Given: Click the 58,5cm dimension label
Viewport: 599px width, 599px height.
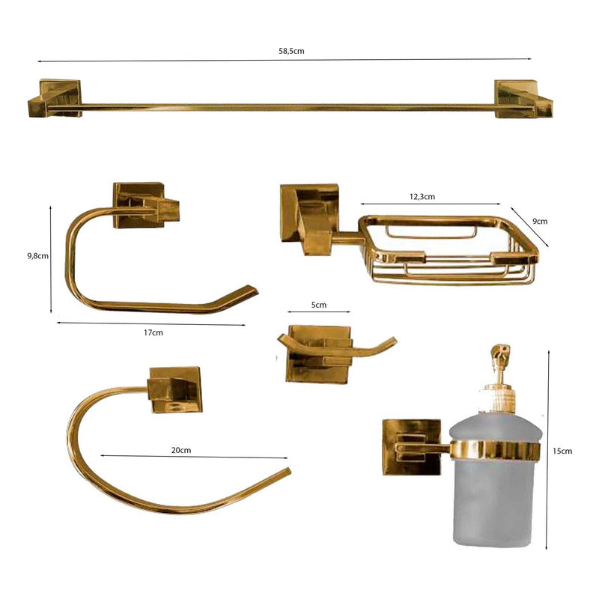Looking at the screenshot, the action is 291,51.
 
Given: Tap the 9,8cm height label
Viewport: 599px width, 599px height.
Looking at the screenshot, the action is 38,256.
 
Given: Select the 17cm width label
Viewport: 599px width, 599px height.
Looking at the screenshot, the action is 153,332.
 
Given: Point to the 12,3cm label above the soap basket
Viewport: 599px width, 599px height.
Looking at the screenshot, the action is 422,197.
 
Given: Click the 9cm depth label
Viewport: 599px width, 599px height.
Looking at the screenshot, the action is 540,221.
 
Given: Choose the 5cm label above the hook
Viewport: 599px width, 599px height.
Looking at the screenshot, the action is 319,305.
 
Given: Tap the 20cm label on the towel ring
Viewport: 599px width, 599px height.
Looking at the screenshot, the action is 181,450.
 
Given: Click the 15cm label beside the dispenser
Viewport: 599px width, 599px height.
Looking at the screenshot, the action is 562,451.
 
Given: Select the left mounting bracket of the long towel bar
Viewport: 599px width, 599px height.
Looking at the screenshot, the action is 55,98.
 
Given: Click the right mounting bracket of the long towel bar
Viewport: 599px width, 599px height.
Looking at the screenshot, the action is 523,99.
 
